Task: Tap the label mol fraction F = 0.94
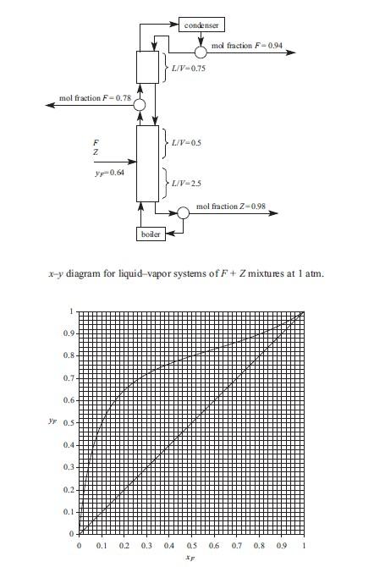click(245, 43)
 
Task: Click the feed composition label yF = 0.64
click(111, 173)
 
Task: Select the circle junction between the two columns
click(140, 105)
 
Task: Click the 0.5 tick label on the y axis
click(68, 423)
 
